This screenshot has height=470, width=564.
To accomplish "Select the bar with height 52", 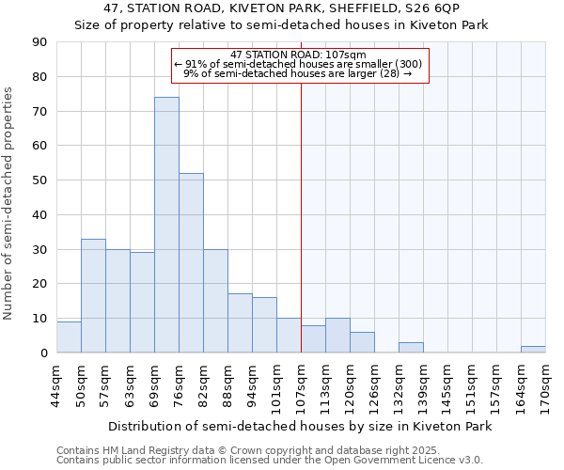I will click(x=191, y=263).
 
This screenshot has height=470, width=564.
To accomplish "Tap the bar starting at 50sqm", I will click(x=93, y=296).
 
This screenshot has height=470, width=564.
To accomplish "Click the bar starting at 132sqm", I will click(x=411, y=348).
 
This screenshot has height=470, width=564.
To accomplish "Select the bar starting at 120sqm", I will click(x=362, y=342).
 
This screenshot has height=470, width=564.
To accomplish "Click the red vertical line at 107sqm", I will click(x=301, y=216).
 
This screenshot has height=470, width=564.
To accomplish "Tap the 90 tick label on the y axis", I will click(x=39, y=42).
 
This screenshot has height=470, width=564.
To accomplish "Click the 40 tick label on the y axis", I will click(x=39, y=215).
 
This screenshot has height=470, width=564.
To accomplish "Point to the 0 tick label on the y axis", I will click(x=43, y=353).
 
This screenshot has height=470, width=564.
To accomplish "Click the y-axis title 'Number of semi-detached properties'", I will click(x=9, y=203).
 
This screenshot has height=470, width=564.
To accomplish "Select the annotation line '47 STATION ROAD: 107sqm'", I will click(x=298, y=55).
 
